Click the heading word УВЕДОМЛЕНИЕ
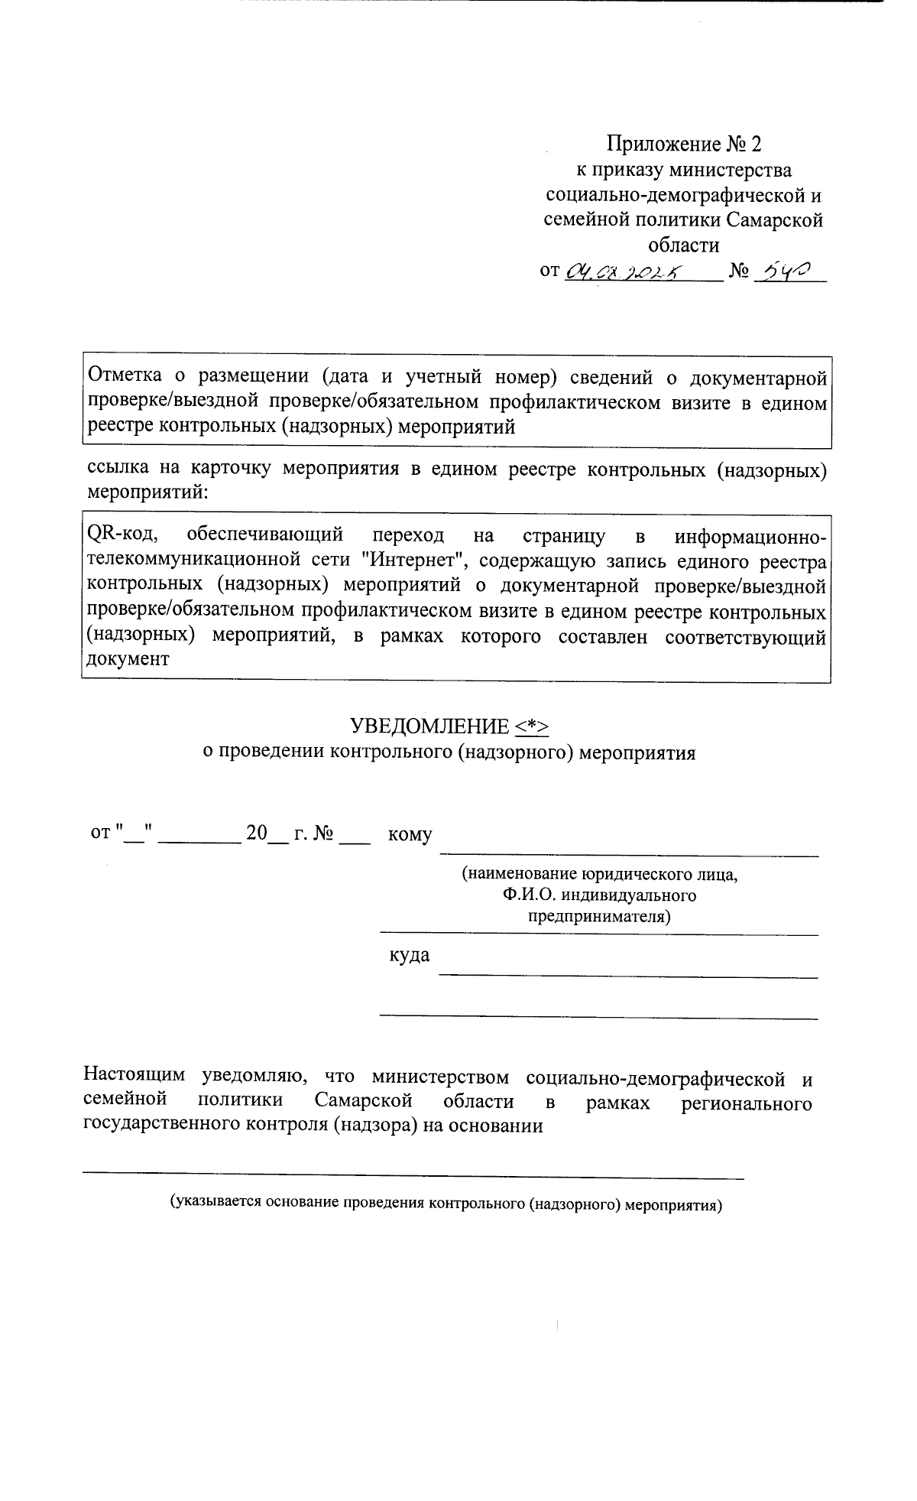pyautogui.click(x=429, y=726)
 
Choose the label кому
pyautogui.click(x=410, y=834)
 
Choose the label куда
pyautogui.click(x=409, y=955)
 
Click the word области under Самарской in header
pyautogui.click(x=684, y=245)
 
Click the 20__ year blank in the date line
pyautogui.click(x=265, y=833)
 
